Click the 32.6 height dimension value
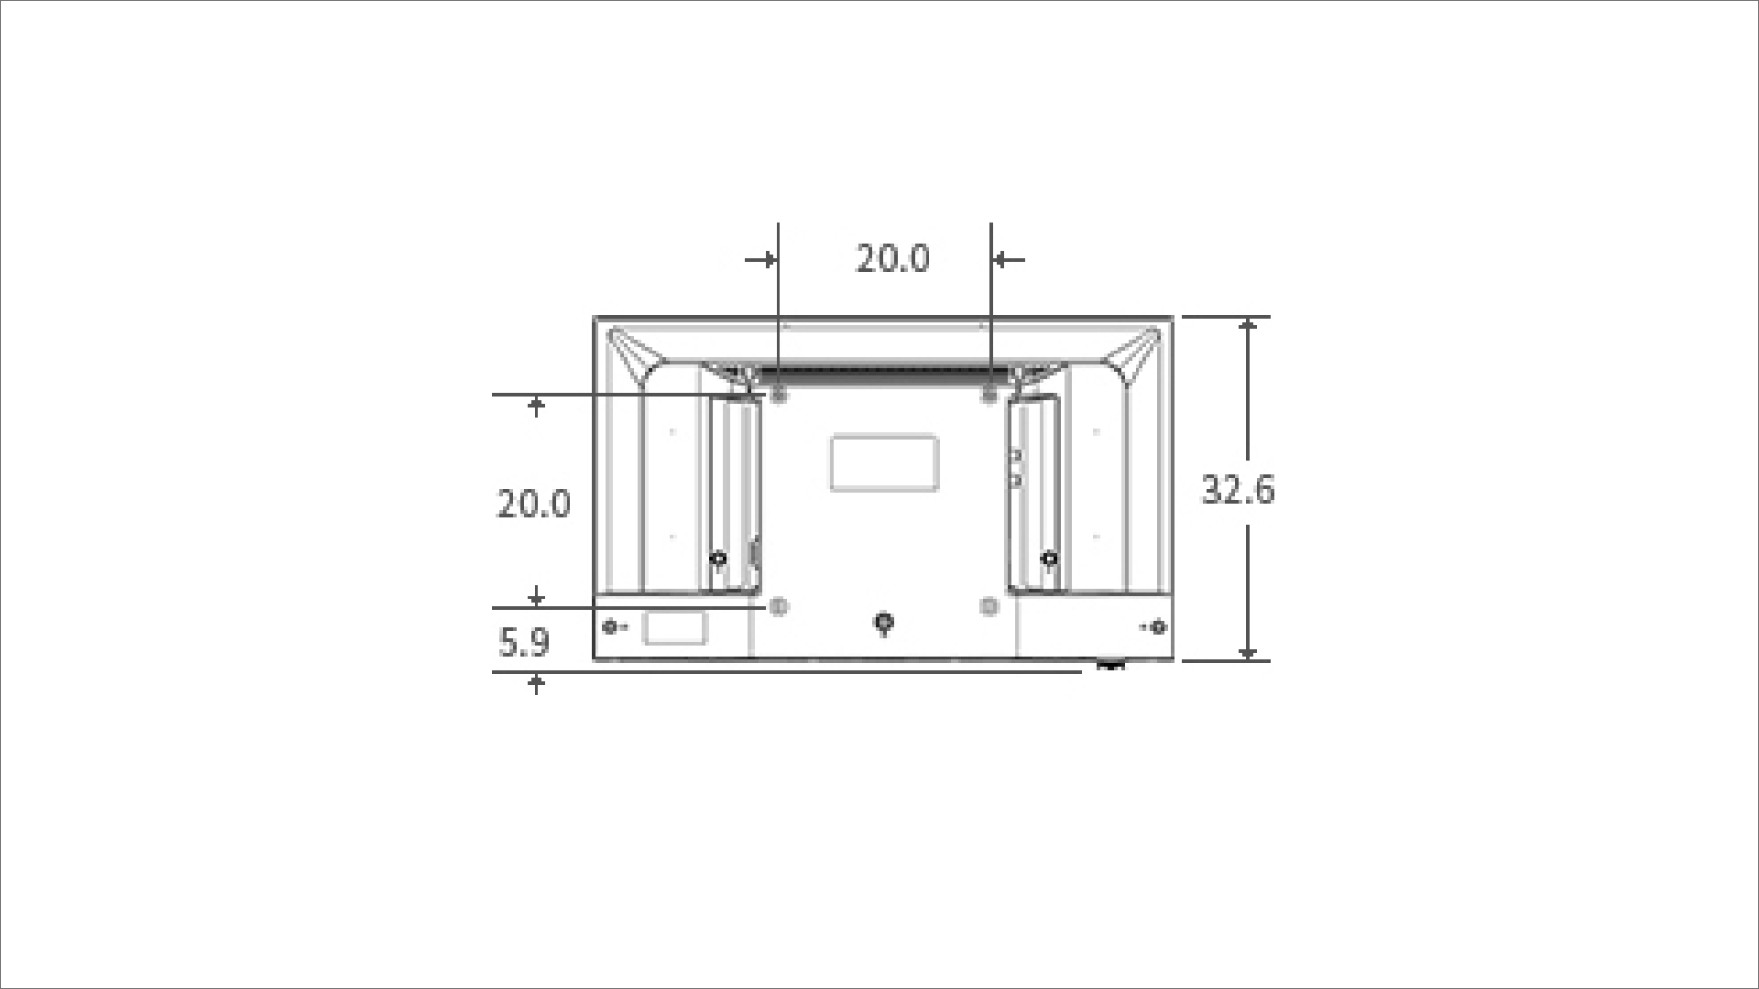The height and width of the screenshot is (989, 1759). [1237, 490]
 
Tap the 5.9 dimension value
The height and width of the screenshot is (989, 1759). [524, 643]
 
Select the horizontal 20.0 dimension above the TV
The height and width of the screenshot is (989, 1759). [892, 258]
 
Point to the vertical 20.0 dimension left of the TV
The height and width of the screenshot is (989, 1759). [533, 504]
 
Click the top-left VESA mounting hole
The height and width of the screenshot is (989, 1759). [780, 395]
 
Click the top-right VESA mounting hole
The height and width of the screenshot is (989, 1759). [989, 395]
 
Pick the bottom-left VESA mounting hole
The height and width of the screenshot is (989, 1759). [780, 606]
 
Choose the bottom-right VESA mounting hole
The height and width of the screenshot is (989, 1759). [989, 606]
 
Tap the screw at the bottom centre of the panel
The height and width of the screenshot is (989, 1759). [883, 623]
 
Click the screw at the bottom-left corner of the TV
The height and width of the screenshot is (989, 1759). [611, 627]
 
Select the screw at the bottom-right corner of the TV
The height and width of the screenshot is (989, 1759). [1158, 627]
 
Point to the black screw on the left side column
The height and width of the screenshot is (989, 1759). [718, 559]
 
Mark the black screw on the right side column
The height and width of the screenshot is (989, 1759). [1050, 559]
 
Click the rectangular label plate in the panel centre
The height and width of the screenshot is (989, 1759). [884, 463]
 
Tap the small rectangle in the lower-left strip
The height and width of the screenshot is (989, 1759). [675, 628]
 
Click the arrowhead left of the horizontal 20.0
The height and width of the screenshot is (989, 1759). [768, 260]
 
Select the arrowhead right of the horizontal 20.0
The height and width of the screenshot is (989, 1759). [1001, 260]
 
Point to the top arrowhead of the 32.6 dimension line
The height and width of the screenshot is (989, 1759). [1248, 325]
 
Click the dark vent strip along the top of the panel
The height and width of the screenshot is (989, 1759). [884, 374]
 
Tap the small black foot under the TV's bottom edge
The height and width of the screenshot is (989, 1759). [1110, 665]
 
